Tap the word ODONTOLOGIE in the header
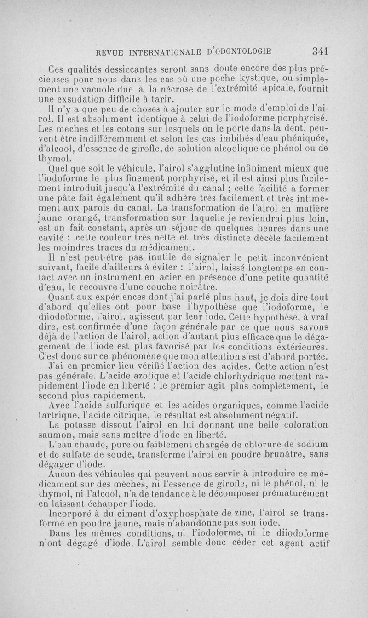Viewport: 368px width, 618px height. [x=235, y=51]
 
